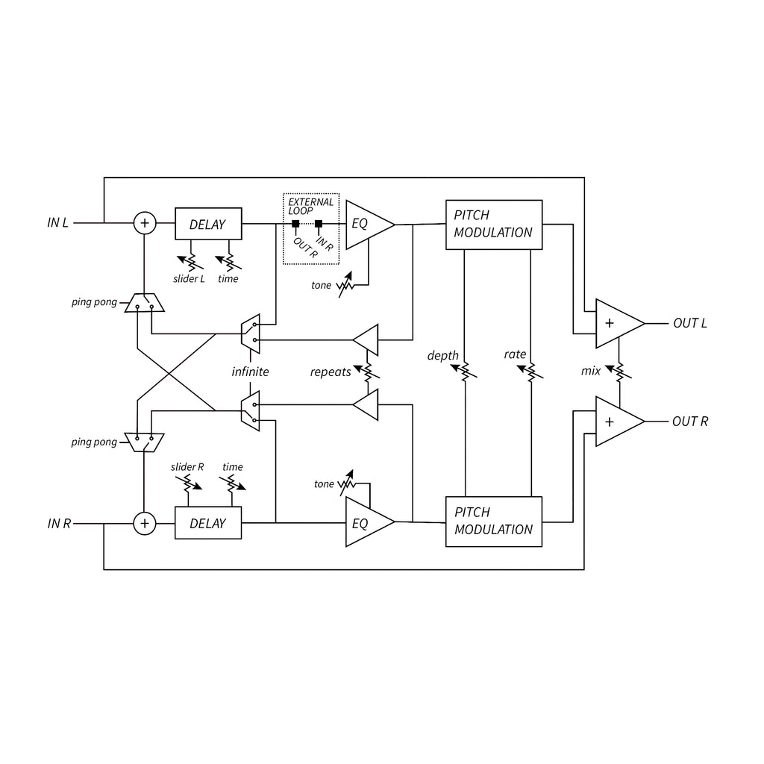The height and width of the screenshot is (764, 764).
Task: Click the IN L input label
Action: (57, 222)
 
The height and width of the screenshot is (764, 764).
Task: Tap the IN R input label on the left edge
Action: (59, 524)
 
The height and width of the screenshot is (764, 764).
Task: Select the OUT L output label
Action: (690, 323)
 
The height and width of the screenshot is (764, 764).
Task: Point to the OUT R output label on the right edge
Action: (690, 422)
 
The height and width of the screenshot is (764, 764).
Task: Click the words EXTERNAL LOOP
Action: (310, 206)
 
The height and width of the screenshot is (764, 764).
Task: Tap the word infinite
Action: (250, 372)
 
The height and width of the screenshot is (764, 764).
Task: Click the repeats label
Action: (331, 372)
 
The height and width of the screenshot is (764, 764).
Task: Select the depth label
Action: (443, 356)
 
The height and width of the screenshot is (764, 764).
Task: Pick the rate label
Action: (515, 354)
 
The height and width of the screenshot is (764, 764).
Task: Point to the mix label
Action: (591, 372)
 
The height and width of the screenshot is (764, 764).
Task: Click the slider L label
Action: (189, 279)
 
